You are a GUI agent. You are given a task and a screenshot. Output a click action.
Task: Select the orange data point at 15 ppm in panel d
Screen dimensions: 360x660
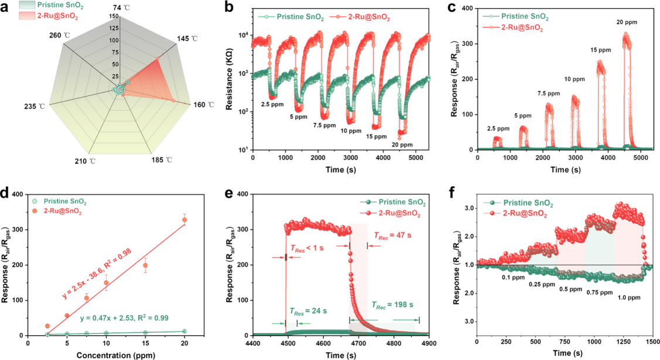[146, 265]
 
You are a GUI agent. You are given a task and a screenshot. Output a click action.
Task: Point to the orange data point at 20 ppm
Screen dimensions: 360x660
[184, 220]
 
